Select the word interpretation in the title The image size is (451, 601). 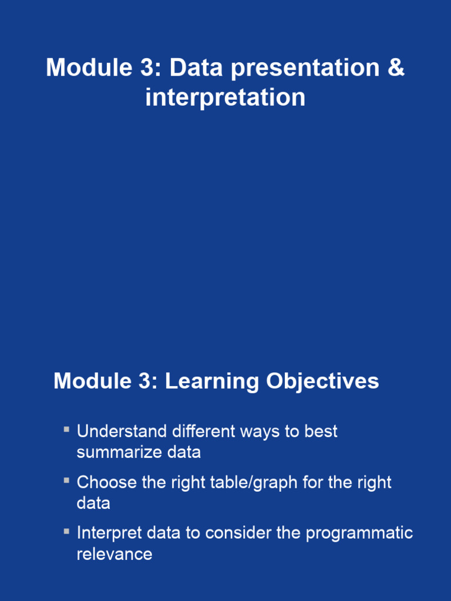[x=225, y=97]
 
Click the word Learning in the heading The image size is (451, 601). [x=211, y=381]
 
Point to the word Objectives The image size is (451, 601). [x=322, y=381]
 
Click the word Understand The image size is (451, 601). [x=122, y=431]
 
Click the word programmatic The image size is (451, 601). [x=359, y=533]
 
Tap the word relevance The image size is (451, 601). [x=115, y=554]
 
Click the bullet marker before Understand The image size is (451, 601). [x=67, y=430]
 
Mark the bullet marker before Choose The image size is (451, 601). [x=67, y=481]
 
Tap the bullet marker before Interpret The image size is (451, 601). [x=67, y=532]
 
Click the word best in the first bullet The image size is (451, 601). [x=321, y=431]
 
